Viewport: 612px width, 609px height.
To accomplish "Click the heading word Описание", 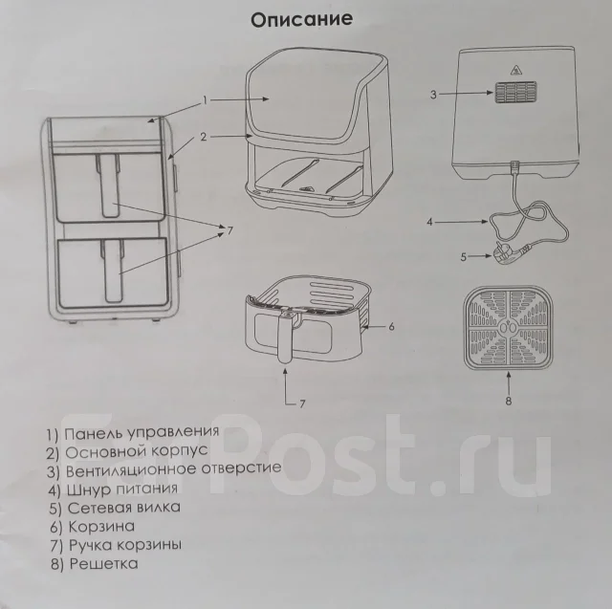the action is coord(301,19).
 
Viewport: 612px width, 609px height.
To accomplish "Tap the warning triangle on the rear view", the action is coord(516,70).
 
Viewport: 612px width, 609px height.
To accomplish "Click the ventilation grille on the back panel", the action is coord(516,93).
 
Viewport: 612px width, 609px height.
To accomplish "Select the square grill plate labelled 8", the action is coord(508,329).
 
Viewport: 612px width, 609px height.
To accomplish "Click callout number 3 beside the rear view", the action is coord(433,95).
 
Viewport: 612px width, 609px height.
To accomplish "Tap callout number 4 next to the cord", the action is coord(429,222).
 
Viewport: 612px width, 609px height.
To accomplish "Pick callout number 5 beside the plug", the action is coord(463,257).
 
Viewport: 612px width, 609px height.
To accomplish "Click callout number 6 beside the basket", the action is coord(391,327).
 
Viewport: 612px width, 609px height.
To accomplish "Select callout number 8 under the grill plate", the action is coord(508,401).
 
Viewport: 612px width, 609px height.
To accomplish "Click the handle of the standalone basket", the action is coord(285,336).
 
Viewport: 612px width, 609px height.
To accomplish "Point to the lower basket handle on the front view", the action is coord(113,272).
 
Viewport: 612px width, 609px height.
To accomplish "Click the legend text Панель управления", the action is coord(142,432).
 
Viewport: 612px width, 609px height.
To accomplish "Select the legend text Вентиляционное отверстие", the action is coord(173,469).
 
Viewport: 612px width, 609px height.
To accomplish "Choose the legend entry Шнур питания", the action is coord(122,489).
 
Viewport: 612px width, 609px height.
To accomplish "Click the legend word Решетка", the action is coord(103,563).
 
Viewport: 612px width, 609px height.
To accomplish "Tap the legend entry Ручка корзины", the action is coord(125,545).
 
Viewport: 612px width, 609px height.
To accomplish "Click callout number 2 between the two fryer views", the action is coord(203,137).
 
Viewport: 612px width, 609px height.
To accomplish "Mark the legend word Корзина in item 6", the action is coord(101,526).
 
